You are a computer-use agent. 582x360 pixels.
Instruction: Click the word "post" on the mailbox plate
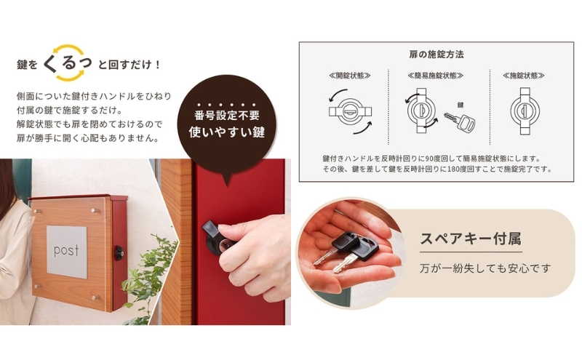coord(66,250)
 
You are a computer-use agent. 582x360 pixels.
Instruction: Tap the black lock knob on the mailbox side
coord(119,253)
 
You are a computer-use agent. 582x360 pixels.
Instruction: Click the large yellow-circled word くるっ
coord(68,63)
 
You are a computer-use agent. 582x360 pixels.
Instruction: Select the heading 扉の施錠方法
coord(436,55)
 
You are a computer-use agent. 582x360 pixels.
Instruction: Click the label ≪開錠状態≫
coord(350,76)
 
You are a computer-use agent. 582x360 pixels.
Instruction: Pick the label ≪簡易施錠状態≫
coord(435,76)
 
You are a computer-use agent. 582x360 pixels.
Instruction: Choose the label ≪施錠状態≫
coord(524,76)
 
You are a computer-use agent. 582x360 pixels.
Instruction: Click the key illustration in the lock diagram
coord(461,121)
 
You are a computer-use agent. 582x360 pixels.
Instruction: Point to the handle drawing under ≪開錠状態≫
coord(350,111)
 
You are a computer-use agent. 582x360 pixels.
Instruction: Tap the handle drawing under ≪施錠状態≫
coord(525,111)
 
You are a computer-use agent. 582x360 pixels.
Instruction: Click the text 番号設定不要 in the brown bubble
coord(227,116)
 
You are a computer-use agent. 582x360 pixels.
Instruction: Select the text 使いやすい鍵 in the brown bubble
coord(227,132)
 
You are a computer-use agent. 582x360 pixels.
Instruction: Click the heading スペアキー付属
coord(470,239)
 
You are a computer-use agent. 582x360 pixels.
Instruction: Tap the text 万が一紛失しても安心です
coord(485,268)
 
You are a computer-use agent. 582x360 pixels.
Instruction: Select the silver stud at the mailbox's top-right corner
coord(95,211)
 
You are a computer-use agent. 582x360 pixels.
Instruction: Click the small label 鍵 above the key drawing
coord(461,105)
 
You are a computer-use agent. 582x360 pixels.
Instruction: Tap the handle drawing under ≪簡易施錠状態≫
coord(421,111)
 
